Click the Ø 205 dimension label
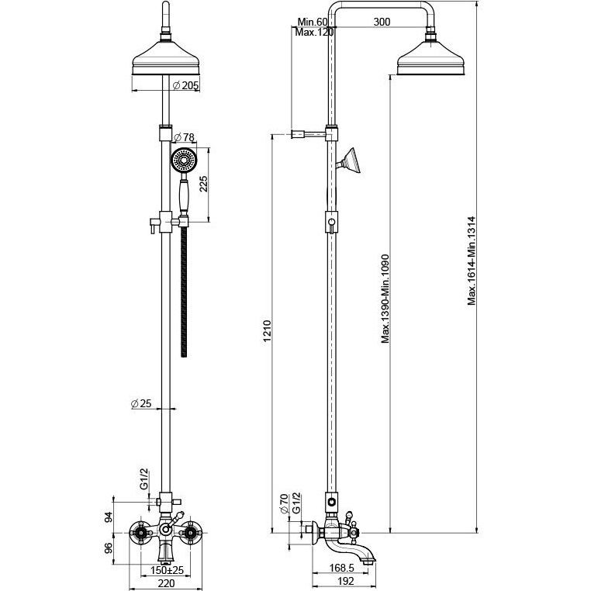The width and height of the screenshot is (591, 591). [185, 85]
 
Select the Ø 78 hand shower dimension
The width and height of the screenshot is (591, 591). [185, 137]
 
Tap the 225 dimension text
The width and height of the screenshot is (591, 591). [203, 184]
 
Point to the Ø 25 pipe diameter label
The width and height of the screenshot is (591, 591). [141, 403]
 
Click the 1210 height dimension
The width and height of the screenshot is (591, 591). [268, 330]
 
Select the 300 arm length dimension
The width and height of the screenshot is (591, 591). [382, 22]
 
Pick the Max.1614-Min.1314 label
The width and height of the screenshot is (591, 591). [472, 261]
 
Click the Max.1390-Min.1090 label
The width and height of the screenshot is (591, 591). [385, 299]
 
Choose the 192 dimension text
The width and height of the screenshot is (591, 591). [346, 580]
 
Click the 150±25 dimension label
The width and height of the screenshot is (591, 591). [167, 570]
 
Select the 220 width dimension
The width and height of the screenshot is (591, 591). [166, 583]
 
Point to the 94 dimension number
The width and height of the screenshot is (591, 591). [108, 517]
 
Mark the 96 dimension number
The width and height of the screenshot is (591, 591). [108, 548]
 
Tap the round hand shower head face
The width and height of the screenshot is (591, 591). [184, 161]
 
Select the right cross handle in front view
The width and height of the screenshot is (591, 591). [192, 533]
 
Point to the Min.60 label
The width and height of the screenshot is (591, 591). [313, 22]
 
